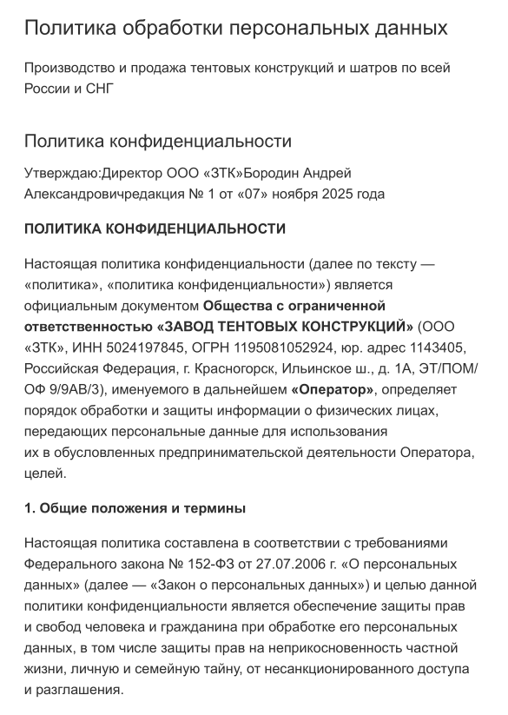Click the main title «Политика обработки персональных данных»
[235, 28]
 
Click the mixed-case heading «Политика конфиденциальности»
[157, 141]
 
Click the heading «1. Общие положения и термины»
[135, 507]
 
